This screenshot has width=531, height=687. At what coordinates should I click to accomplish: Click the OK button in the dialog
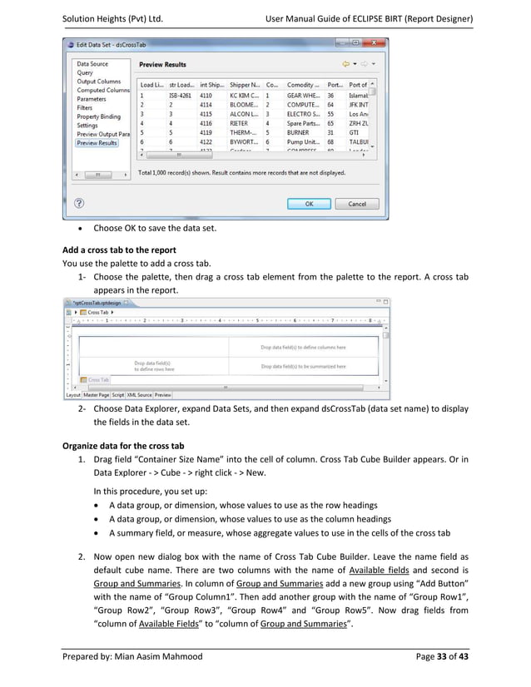(308, 204)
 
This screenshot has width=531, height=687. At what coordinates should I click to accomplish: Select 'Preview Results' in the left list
(97, 143)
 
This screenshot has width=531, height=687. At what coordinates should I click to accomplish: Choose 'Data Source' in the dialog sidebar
(92, 64)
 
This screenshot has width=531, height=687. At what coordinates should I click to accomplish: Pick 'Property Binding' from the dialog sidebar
(98, 116)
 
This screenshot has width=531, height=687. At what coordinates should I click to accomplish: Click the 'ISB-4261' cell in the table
(179, 96)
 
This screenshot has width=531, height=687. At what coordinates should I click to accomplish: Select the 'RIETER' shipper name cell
(241, 122)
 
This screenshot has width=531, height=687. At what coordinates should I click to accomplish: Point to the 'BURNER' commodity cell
(299, 131)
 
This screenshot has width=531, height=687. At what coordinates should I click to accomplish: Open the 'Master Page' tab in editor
(97, 395)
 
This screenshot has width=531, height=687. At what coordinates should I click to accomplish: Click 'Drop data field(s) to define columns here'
(303, 348)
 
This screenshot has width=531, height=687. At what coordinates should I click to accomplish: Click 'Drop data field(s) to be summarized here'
(303, 366)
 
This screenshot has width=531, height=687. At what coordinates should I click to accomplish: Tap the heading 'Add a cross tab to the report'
(118, 250)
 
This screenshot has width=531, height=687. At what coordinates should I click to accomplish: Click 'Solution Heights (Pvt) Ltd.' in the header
(112, 17)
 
